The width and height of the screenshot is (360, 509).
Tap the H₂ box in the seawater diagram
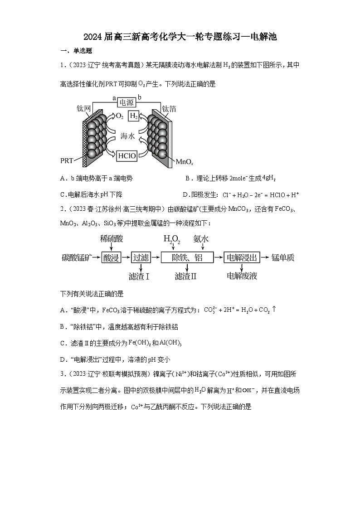(x=134, y=116)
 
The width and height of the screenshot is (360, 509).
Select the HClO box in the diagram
(x=126, y=156)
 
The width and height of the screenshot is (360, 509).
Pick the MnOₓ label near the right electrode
(x=185, y=161)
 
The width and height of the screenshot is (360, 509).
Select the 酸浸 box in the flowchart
(x=112, y=258)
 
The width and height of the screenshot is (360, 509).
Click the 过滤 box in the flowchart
(x=141, y=258)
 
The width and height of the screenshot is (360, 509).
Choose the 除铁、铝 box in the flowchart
(x=187, y=258)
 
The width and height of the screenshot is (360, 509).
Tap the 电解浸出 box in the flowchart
(x=243, y=258)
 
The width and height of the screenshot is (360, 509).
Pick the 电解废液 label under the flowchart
(x=242, y=276)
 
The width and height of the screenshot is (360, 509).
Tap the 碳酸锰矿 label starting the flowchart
(x=77, y=258)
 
